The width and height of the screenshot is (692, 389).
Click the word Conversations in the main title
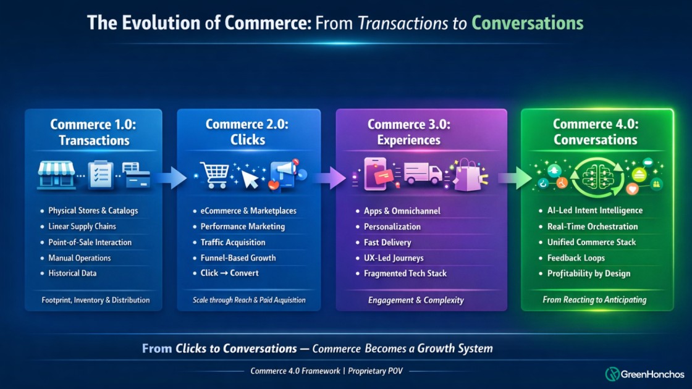click(x=527, y=23)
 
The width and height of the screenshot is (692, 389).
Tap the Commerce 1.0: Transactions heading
click(x=94, y=132)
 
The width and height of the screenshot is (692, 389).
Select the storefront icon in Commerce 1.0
click(x=56, y=174)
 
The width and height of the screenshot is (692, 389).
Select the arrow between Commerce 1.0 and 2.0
click(x=169, y=178)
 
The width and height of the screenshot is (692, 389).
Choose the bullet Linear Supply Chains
click(x=82, y=227)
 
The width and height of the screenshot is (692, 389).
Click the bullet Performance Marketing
click(x=243, y=227)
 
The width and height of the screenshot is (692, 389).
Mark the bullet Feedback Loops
click(x=576, y=258)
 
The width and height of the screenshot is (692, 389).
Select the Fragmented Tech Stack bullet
click(x=405, y=274)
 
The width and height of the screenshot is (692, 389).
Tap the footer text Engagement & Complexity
click(x=416, y=301)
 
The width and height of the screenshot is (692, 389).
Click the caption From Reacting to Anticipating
click(x=594, y=300)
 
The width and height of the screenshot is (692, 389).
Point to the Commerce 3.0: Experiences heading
click(x=409, y=132)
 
